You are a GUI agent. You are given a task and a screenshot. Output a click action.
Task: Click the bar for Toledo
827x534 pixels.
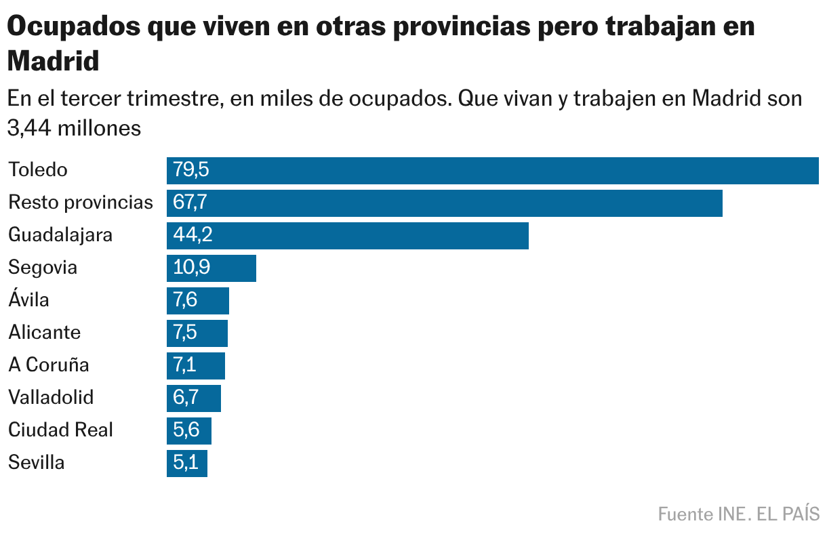tap(493, 170)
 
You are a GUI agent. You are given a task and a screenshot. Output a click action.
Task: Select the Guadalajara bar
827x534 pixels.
tap(347, 235)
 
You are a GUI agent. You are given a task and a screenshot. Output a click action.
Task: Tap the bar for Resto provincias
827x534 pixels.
tap(444, 203)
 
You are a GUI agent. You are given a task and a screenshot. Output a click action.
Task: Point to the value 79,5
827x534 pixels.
tap(191, 170)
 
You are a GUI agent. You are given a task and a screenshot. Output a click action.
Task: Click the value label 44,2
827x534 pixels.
tap(193, 235)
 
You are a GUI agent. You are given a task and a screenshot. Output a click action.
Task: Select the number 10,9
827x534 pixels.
tap(192, 268)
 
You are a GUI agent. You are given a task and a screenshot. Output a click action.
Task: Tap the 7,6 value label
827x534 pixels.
tap(186, 300)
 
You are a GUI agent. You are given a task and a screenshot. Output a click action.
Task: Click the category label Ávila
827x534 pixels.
tap(28, 299)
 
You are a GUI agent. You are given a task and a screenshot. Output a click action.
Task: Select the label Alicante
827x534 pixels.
tap(44, 333)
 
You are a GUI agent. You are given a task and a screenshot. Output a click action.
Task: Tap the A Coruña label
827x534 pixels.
tap(49, 365)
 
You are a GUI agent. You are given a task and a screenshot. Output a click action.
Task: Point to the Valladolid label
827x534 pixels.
tap(51, 398)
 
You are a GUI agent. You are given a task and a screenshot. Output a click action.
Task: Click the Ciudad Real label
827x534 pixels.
tap(60, 430)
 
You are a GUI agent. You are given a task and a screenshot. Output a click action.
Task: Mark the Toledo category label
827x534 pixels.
tap(38, 170)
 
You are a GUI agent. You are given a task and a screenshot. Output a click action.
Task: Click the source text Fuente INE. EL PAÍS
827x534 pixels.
tap(739, 514)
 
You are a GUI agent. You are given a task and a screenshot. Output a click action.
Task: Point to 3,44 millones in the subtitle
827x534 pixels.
tap(75, 128)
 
